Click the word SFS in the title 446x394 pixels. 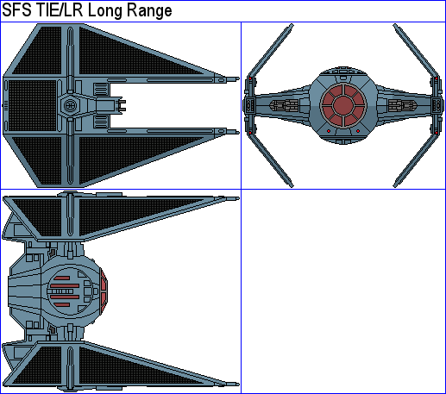[x=16, y=10]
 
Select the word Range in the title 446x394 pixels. [x=149, y=11]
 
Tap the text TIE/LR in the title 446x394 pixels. [x=60, y=10]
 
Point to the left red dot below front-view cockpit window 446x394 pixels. [x=329, y=131]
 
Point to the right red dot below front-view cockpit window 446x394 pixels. [x=358, y=131]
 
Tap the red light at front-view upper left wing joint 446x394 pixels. [x=250, y=78]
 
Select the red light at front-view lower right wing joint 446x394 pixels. [x=437, y=133]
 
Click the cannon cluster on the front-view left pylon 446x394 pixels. [x=284, y=105]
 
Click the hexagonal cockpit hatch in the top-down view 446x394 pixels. [x=69, y=105]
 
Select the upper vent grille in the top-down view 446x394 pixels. [x=101, y=89]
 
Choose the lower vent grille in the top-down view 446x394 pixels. [x=101, y=122]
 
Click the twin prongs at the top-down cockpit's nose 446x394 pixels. [x=121, y=105]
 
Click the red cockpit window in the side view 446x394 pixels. [x=104, y=292]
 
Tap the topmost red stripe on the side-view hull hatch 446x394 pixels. [x=61, y=278]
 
